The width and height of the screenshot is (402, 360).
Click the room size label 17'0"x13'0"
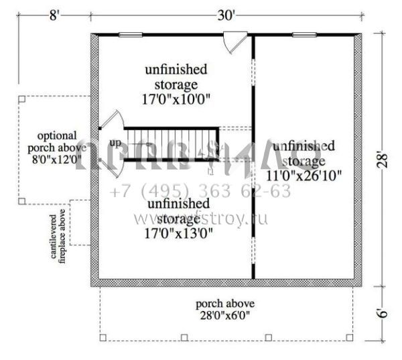coord(178,233)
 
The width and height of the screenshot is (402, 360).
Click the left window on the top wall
coord(131,34)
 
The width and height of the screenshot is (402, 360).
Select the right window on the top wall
coord(304,34)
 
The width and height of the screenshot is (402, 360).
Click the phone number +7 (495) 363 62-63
coord(200,192)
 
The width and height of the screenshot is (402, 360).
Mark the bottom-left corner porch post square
coord(103,337)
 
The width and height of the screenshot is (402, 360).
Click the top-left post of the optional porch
coord(22,98)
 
